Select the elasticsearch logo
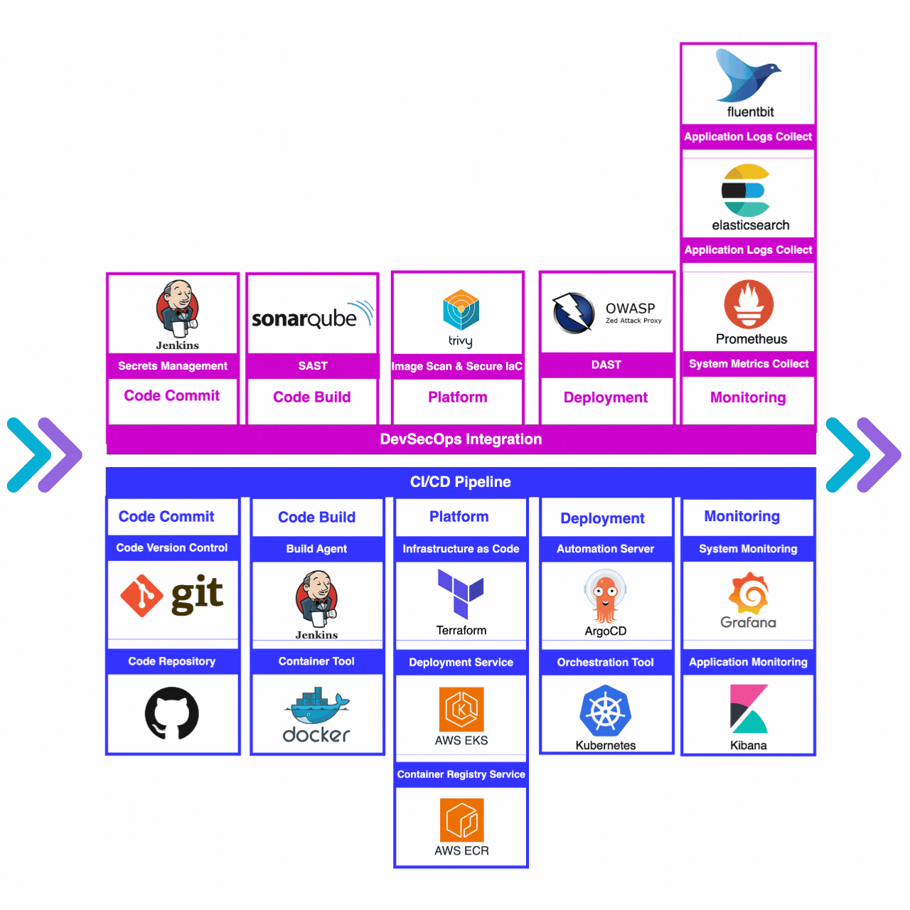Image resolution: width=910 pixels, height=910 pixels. click(x=746, y=191)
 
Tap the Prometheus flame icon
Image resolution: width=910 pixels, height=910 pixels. click(x=749, y=304)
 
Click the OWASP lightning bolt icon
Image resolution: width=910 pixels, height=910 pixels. click(x=573, y=313)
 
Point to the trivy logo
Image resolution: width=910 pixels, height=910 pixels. click(x=461, y=311)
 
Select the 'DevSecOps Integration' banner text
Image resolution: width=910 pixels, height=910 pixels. click(x=461, y=439)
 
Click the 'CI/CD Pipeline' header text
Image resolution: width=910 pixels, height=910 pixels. click(x=461, y=482)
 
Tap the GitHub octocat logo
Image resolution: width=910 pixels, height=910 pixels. click(x=172, y=713)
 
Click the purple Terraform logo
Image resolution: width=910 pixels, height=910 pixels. click(x=461, y=593)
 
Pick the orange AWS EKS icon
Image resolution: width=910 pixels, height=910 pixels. click(x=461, y=709)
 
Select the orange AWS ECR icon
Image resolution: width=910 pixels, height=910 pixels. click(x=461, y=820)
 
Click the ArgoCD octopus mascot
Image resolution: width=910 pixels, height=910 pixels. click(x=605, y=597)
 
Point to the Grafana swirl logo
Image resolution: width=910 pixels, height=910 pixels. click(x=749, y=593)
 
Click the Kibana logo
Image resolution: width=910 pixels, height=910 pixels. click(x=749, y=709)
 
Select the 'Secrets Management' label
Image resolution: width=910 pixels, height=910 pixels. click(x=173, y=366)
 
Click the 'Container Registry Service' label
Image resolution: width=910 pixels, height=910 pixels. click(x=461, y=774)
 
